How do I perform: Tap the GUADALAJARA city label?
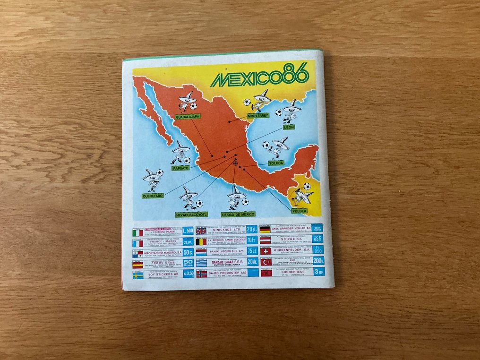[188, 116]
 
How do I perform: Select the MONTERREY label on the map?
[257, 115]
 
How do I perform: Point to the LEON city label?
[289, 127]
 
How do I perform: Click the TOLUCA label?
[276, 163]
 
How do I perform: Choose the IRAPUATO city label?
[180, 168]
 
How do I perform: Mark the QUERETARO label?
[153, 195]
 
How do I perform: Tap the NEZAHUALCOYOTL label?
[191, 214]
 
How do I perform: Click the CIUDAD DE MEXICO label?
[238, 214]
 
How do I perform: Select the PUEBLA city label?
[299, 211]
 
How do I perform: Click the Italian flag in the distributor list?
[138, 232]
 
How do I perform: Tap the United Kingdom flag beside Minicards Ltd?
[201, 231]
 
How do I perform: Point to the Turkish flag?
[266, 262]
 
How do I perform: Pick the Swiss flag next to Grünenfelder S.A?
[266, 251]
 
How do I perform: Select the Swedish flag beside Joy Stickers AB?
[138, 275]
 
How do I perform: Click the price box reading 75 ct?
[252, 251]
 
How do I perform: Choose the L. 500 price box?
[188, 231]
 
